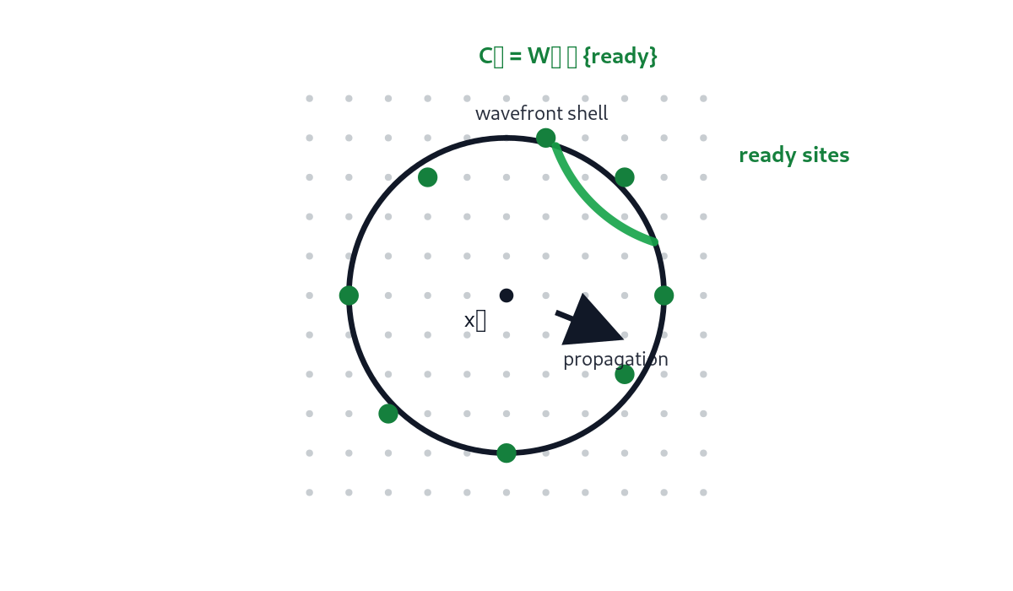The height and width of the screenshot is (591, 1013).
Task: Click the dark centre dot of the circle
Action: point(506,295)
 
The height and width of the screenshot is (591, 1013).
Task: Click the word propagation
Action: point(615,360)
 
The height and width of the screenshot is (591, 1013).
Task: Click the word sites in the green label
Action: point(826,155)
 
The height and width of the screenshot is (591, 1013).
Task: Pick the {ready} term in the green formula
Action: point(620,57)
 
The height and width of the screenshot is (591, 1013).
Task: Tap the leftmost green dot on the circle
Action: point(349,295)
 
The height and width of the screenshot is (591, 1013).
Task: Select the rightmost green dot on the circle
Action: point(664,295)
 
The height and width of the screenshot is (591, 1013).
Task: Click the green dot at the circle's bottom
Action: point(506,453)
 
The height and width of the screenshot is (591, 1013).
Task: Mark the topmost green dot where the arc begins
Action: point(546,137)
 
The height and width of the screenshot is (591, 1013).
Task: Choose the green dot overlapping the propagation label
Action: point(625,374)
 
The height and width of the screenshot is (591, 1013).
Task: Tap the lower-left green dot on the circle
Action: point(388,414)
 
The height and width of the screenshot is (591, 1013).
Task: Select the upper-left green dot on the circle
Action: point(428,177)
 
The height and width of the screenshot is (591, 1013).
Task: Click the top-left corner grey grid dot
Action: point(309,99)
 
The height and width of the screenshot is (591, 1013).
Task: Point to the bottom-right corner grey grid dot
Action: point(703,492)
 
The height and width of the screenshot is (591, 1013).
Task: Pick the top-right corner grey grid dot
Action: point(703,99)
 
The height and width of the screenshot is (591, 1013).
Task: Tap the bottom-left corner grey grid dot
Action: point(309,492)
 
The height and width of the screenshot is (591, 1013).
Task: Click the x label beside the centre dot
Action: point(474,321)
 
